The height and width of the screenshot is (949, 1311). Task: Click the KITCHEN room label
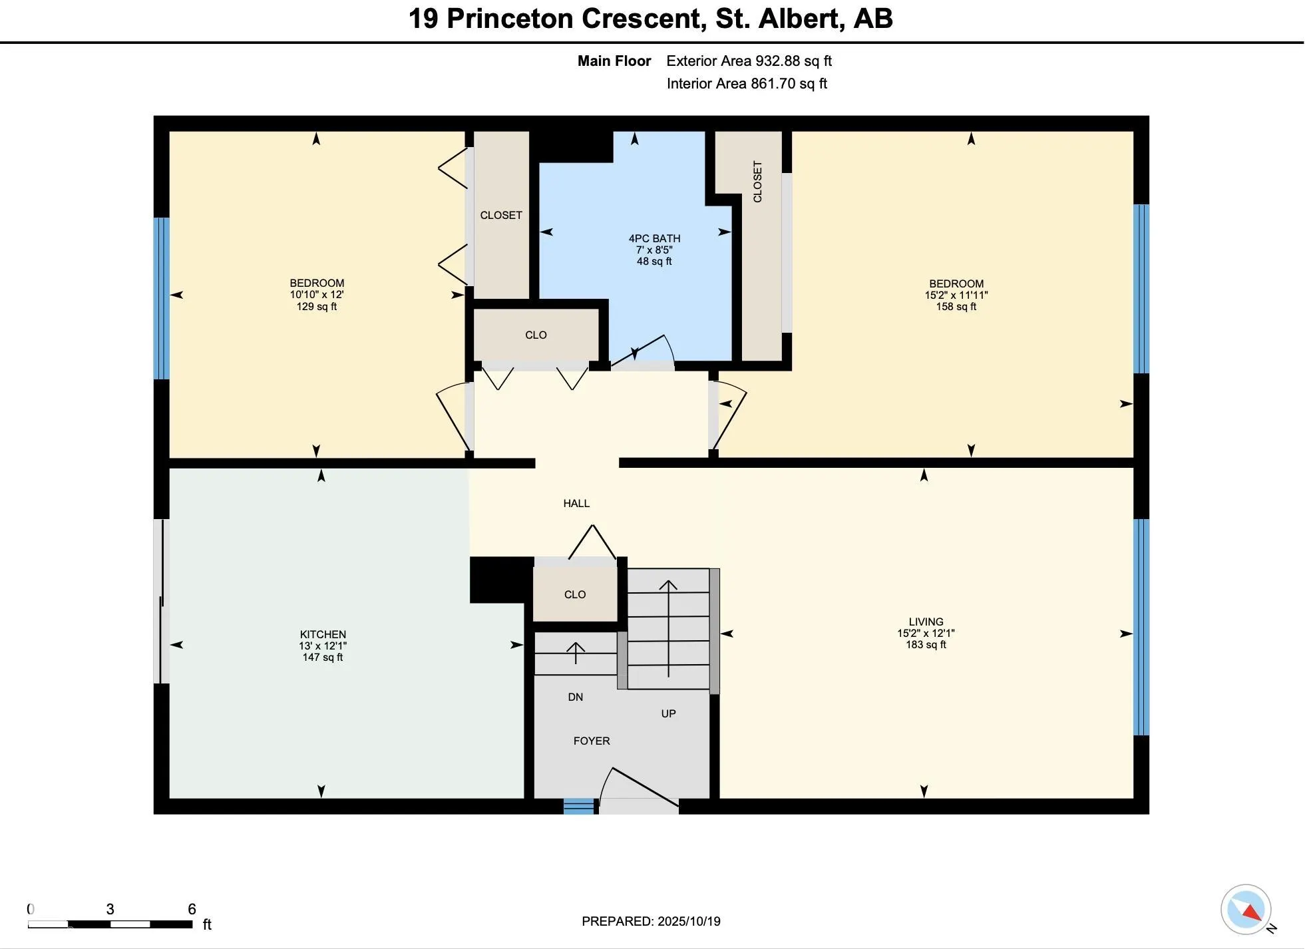pyautogui.click(x=323, y=634)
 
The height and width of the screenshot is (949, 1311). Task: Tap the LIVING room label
pyautogui.click(x=926, y=622)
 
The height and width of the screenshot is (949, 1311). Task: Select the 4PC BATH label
pyautogui.click(x=654, y=238)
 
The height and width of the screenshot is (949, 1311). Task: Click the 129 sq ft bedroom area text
pyautogui.click(x=317, y=307)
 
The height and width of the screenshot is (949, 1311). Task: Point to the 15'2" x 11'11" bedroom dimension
pyautogui.click(x=956, y=295)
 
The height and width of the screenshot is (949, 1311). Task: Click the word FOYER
pyautogui.click(x=592, y=741)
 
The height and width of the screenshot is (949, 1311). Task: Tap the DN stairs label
pyautogui.click(x=575, y=697)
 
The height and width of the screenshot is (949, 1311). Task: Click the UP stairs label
pyautogui.click(x=668, y=713)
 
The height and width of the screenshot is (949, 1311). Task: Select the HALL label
pyautogui.click(x=576, y=503)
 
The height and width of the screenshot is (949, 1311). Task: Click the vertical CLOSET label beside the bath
pyautogui.click(x=757, y=181)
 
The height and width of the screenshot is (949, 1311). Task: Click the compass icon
pyautogui.click(x=1246, y=910)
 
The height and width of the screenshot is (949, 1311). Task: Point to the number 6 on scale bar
pyautogui.click(x=192, y=909)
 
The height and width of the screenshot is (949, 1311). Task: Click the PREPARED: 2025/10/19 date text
pyautogui.click(x=651, y=921)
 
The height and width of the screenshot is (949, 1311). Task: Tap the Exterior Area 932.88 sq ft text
pyautogui.click(x=749, y=61)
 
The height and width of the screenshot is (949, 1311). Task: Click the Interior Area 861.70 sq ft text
pyautogui.click(x=747, y=84)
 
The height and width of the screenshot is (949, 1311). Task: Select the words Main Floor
pyautogui.click(x=614, y=61)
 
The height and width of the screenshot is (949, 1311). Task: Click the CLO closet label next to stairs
pyautogui.click(x=575, y=594)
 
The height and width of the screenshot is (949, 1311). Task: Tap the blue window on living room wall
pyautogui.click(x=1141, y=626)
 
